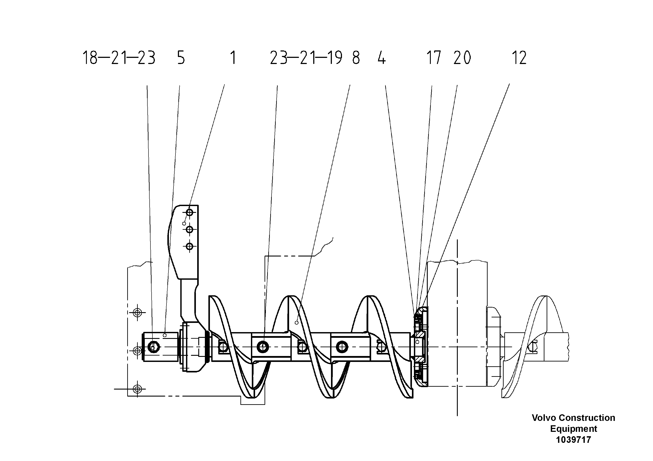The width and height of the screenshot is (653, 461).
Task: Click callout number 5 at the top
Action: (x=181, y=58)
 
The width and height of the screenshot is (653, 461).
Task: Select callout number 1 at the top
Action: (x=233, y=58)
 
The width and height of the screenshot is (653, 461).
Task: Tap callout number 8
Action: (x=356, y=58)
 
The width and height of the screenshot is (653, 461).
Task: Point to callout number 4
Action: (x=382, y=58)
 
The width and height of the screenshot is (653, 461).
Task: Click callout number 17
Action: (x=433, y=58)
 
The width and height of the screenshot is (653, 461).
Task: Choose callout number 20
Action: (x=462, y=58)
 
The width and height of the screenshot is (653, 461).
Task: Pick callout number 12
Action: (x=519, y=58)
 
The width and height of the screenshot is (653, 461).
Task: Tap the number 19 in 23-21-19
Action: (x=335, y=58)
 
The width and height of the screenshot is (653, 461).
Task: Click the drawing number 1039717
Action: (x=573, y=440)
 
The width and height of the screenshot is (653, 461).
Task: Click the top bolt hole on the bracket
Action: (x=190, y=212)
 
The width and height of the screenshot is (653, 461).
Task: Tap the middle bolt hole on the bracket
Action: (x=190, y=229)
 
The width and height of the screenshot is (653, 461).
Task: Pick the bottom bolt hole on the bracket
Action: (x=190, y=246)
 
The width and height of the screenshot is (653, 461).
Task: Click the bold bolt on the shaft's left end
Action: (x=154, y=347)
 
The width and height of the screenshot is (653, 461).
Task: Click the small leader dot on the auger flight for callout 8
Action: (x=296, y=323)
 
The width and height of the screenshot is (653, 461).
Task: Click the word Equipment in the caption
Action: (x=573, y=429)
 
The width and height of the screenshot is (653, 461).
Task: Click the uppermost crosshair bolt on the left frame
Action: (x=137, y=313)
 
